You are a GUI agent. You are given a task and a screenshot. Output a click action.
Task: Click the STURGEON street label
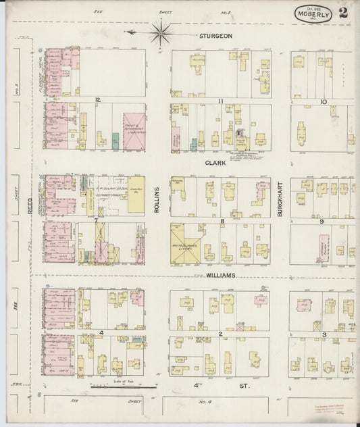pos(215,35)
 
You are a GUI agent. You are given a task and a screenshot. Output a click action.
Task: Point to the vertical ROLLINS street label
pos(156,201)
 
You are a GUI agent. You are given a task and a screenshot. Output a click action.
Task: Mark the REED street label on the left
pos(30,211)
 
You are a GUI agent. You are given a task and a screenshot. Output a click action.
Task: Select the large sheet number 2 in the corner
pos(344,12)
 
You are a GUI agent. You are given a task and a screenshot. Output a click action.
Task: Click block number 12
pos(98,100)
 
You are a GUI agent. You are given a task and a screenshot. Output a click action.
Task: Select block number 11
pos(220,101)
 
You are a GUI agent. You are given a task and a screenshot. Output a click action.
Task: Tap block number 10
pos(324,101)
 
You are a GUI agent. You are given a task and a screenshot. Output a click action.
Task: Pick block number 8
pos(221,220)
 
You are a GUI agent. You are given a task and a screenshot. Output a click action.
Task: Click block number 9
pos(322,221)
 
